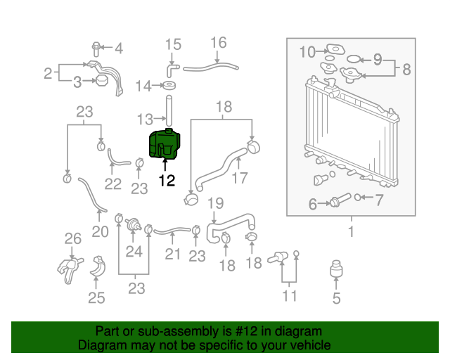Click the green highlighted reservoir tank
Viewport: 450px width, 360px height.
165,143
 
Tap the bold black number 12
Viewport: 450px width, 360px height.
167,180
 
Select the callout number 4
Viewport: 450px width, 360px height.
119,49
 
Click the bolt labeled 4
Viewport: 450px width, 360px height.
96,49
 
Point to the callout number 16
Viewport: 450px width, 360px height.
219,43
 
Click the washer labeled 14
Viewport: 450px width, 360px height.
169,85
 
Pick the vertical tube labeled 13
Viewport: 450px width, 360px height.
169,110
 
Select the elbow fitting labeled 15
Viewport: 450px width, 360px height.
172,70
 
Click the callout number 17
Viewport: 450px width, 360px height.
240,178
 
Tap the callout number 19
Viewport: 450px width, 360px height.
216,203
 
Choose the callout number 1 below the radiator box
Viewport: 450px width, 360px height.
352,231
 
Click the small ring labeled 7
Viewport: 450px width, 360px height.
357,197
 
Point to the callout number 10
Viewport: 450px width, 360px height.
307,52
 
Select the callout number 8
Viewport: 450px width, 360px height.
406,69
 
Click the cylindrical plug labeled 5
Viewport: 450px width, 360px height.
336,269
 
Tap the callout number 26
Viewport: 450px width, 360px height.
73,238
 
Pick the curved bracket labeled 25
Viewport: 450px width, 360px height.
98,266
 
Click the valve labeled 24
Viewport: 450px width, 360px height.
133,224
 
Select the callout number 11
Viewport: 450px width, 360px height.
289,296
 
